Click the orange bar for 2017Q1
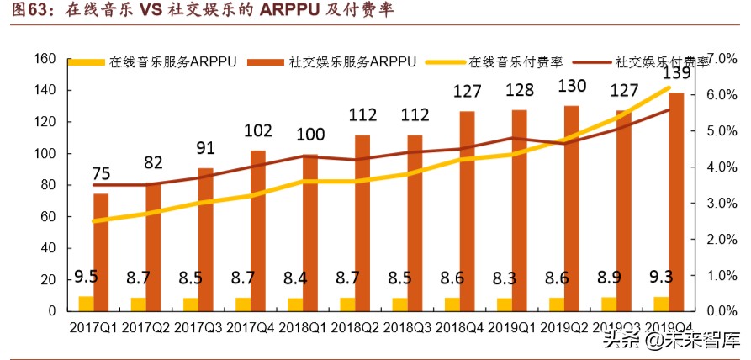pyautogui.click(x=101, y=252)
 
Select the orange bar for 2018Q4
pyautogui.click(x=467, y=210)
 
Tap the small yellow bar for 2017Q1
pyautogui.click(x=86, y=304)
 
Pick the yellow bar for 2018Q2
pyautogui.click(x=347, y=304)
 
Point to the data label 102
pyautogui.click(x=257, y=131)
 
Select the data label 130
pyautogui.click(x=573, y=87)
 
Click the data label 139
pyautogui.click(x=677, y=72)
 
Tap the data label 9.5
pyautogui.click(x=86, y=278)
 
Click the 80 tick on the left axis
pyautogui.click(x=47, y=185)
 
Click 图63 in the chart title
pyautogui.click(x=25, y=12)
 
